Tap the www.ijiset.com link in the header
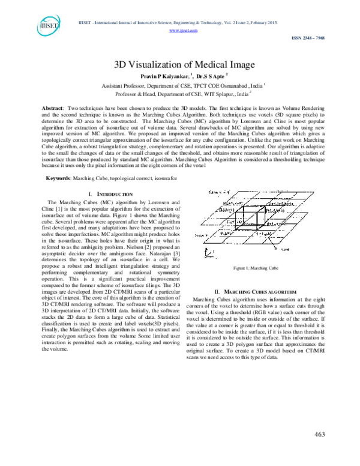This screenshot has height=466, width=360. point(180,29)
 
